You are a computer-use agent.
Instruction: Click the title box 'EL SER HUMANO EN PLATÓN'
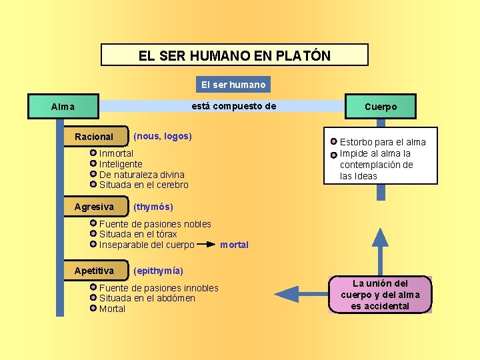pyautogui.click(x=234, y=55)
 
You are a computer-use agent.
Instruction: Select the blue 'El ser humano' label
pyautogui.click(x=233, y=85)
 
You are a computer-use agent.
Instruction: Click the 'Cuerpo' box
pyautogui.click(x=381, y=107)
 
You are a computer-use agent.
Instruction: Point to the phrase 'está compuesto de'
pyautogui.click(x=233, y=106)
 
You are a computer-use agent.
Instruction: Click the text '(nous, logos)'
pyautogui.click(x=163, y=136)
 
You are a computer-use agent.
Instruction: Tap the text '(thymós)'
pyautogui.click(x=153, y=207)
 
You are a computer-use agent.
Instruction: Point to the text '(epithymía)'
pyautogui.click(x=159, y=271)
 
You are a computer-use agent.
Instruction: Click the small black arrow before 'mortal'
pyautogui.click(x=207, y=245)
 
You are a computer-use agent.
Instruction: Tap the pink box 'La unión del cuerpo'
pyautogui.click(x=381, y=294)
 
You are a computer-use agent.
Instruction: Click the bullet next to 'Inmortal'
pyautogui.click(x=93, y=153)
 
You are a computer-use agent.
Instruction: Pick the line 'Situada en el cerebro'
pyautogui.click(x=144, y=185)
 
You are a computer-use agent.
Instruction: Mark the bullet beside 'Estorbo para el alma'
pyautogui.click(x=334, y=142)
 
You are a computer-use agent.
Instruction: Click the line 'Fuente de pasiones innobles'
pyautogui.click(x=159, y=288)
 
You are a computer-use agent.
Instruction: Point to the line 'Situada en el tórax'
pyautogui.click(x=138, y=234)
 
